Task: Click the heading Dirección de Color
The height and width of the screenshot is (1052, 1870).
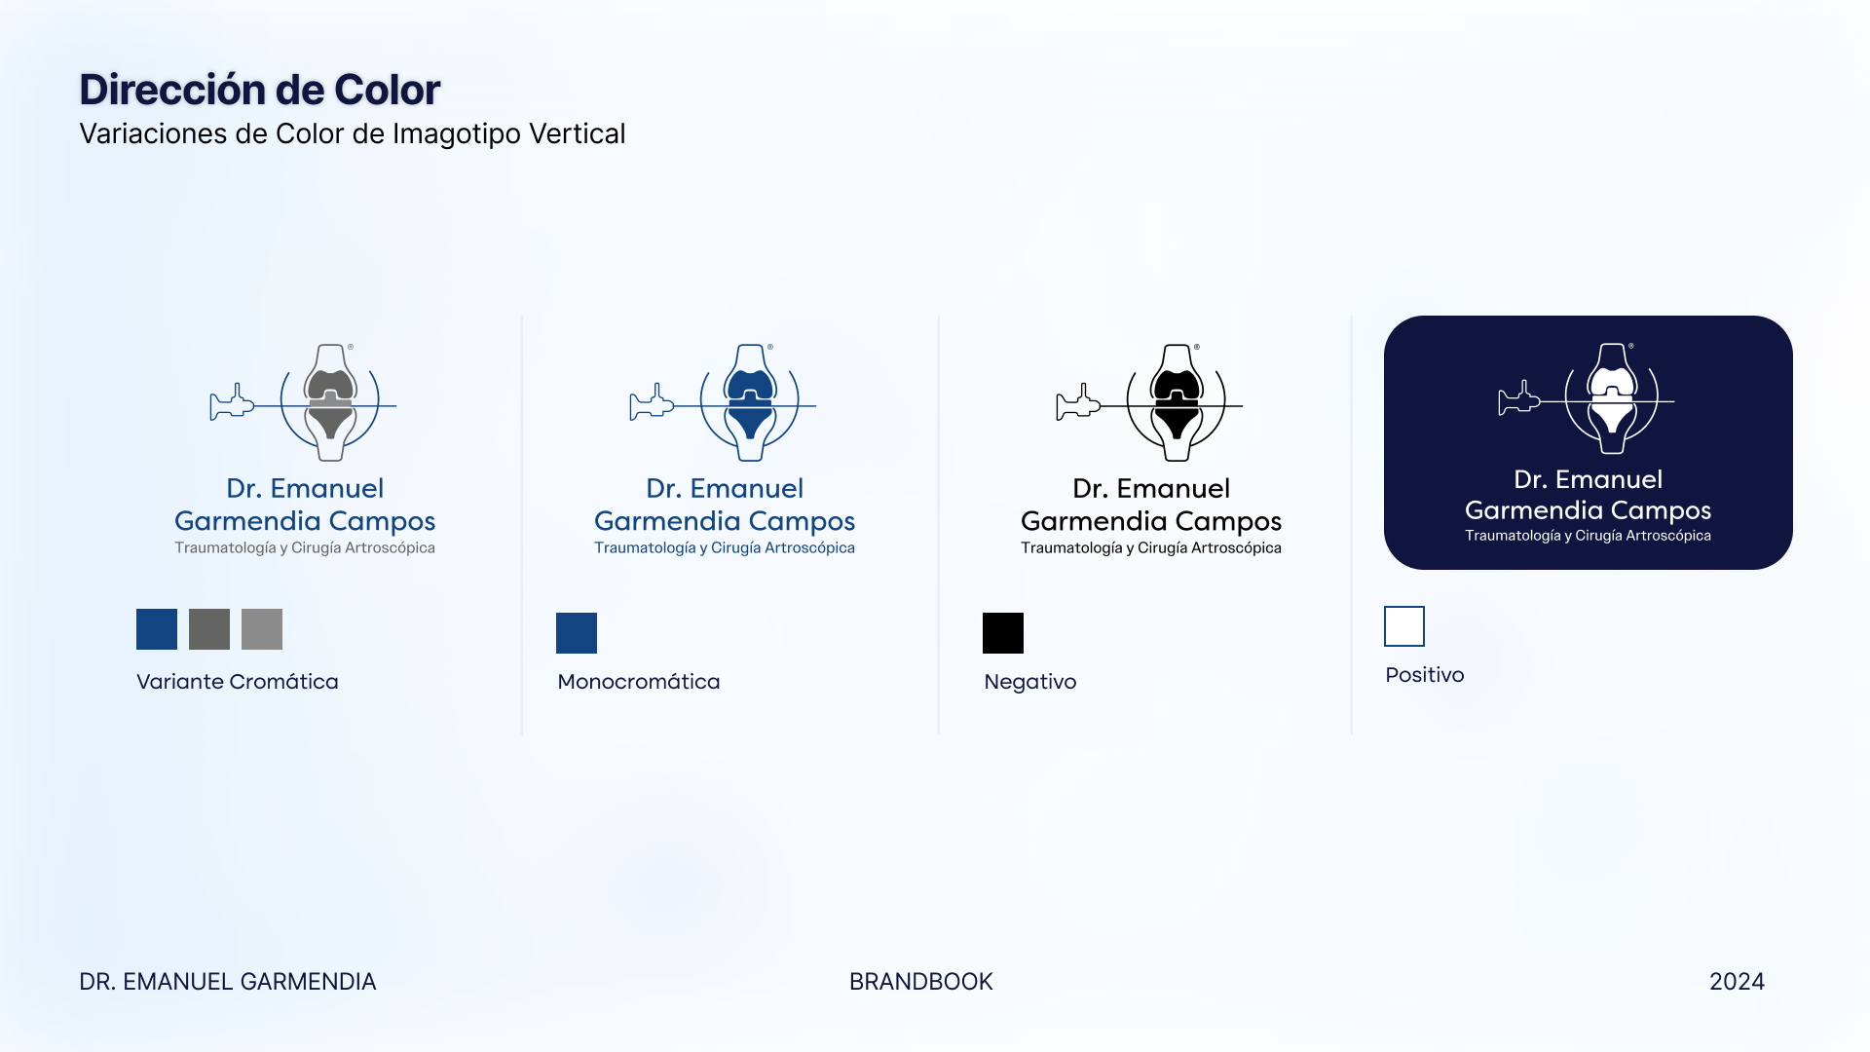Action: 260,90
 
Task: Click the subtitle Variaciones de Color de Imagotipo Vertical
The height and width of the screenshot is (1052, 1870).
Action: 352,133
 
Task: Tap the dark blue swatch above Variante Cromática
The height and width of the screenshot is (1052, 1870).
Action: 157,629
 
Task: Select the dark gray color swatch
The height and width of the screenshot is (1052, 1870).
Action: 209,629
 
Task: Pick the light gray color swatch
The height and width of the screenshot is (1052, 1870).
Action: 262,629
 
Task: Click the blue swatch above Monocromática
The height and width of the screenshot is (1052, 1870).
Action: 577,633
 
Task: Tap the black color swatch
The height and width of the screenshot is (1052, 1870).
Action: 1003,633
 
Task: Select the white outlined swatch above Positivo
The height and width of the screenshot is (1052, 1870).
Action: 1404,626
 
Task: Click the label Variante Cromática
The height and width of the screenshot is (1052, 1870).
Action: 238,682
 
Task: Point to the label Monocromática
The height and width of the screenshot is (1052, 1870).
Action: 639,682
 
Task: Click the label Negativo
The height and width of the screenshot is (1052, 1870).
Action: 1030,682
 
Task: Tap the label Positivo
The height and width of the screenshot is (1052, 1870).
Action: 1425,675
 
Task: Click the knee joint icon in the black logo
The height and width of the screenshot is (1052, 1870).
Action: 1177,402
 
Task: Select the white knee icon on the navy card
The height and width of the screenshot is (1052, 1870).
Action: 1612,398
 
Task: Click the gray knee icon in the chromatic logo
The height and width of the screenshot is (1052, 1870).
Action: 330,402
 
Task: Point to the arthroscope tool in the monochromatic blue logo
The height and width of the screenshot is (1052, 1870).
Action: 652,402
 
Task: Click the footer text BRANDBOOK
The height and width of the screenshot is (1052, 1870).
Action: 921,982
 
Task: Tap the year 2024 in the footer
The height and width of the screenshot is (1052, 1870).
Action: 1738,982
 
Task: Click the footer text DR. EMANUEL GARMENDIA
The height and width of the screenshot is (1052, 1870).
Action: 228,982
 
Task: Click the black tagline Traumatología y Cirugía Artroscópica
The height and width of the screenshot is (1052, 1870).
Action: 1151,548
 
